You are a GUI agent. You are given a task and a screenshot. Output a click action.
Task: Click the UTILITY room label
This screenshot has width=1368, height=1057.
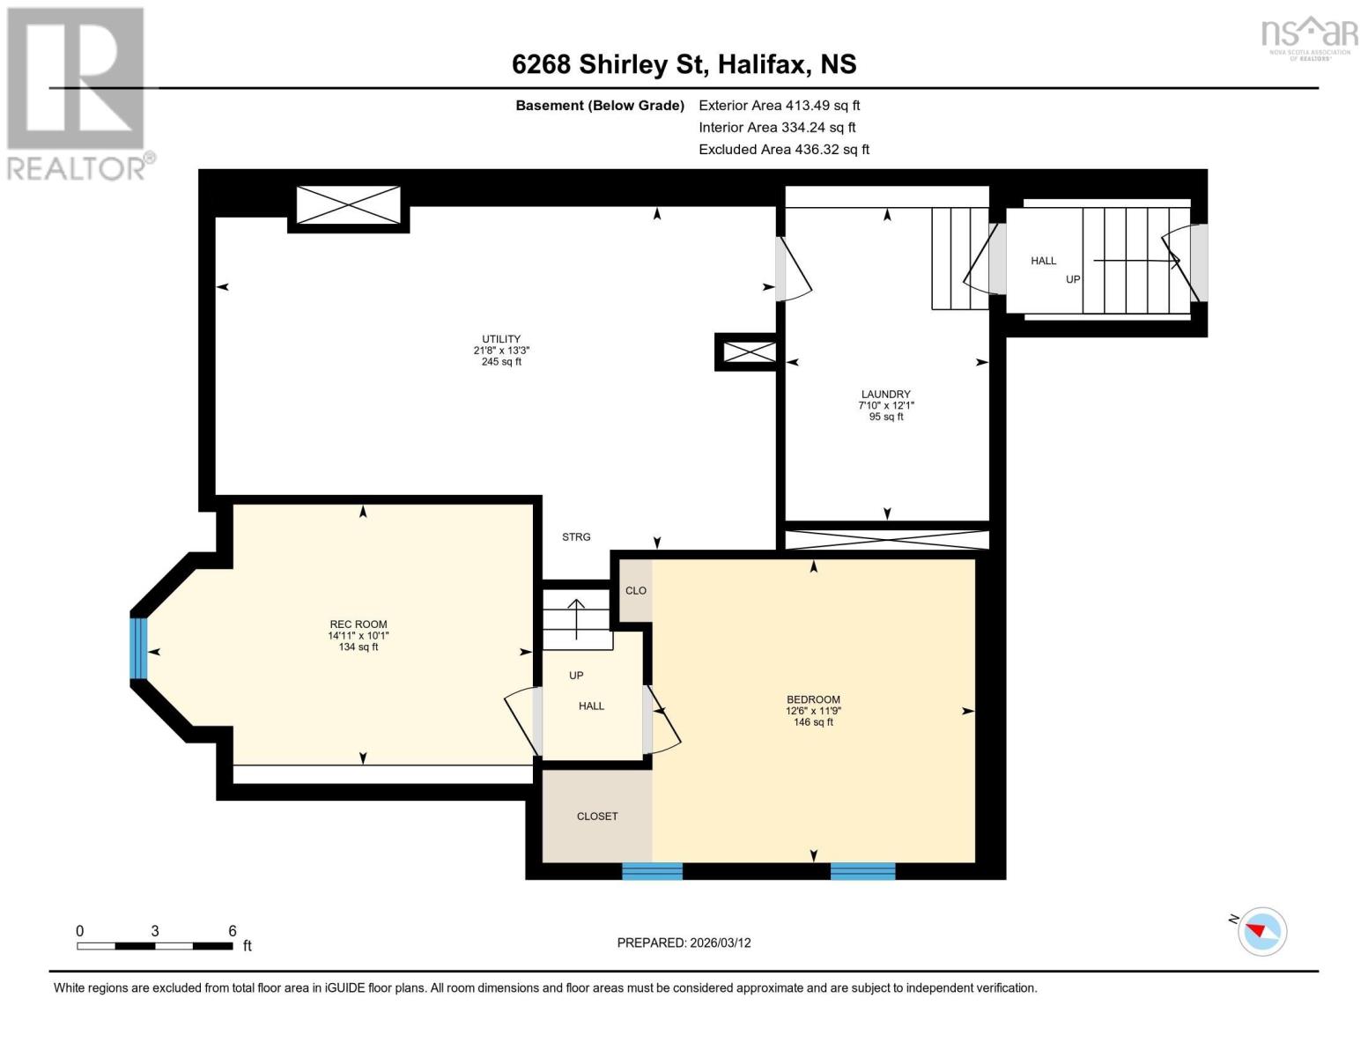[500, 339]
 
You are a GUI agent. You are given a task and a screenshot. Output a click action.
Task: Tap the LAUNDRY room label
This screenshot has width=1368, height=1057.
[885, 395]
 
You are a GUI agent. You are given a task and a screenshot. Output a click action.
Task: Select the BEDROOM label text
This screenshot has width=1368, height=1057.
[812, 700]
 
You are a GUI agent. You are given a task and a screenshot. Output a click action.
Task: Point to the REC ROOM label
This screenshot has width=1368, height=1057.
[358, 625]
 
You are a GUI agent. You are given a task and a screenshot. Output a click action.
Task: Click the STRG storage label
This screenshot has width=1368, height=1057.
[576, 536]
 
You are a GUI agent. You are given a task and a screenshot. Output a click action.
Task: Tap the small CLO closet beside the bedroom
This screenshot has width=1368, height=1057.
[635, 590]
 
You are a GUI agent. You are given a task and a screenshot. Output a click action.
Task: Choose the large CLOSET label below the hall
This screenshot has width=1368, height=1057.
[596, 817]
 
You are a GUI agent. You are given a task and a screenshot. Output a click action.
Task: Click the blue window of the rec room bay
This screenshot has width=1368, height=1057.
[138, 648]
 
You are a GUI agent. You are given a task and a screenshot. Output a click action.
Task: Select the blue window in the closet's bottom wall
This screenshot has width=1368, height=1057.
[652, 871]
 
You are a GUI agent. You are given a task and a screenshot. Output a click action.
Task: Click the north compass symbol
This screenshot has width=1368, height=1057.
[1261, 930]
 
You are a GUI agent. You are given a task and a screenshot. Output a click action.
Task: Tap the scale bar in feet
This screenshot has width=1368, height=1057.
[155, 945]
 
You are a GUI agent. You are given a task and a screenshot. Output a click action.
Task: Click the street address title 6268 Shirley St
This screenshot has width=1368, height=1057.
[684, 64]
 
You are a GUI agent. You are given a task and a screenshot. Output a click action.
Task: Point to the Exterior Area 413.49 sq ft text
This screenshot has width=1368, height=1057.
[779, 105]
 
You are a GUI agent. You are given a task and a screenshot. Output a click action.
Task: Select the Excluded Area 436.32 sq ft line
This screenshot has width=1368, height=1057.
[783, 150]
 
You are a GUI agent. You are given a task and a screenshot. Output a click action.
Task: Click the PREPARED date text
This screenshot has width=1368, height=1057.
[684, 942]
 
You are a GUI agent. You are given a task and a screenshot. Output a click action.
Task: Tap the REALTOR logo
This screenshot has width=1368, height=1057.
[78, 92]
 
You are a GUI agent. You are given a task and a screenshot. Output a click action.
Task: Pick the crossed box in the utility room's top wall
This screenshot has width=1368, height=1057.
[348, 205]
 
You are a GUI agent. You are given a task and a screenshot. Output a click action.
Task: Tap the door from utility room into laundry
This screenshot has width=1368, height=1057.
[790, 269]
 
